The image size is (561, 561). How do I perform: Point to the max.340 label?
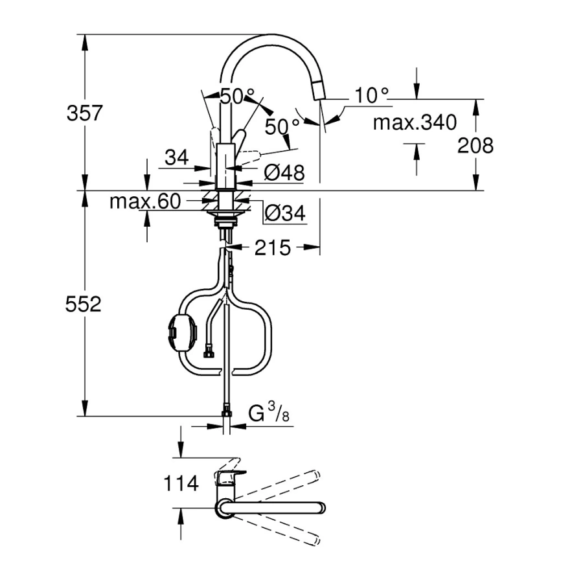[415, 122]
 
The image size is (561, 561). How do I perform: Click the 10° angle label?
[372, 96]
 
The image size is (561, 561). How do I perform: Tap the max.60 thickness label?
[144, 201]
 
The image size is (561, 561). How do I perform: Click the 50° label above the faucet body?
[237, 96]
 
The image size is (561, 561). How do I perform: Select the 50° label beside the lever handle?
[282, 126]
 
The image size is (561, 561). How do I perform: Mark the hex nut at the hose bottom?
[227, 409]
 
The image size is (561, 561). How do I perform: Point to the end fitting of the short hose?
[209, 354]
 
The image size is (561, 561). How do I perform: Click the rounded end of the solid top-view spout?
[321, 507]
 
